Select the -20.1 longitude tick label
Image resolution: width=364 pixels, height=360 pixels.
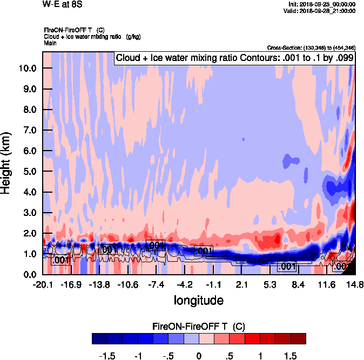click(x=43, y=284)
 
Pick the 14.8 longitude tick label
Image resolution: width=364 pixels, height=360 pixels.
click(x=355, y=284)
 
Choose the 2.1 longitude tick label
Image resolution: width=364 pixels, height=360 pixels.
click(x=241, y=284)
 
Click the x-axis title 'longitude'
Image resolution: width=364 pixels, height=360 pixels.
click(x=198, y=299)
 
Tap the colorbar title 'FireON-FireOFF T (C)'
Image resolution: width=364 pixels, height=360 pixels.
click(x=199, y=327)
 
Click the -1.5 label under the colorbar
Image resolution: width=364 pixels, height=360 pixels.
click(x=109, y=356)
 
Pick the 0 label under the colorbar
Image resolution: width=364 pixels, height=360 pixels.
click(x=199, y=356)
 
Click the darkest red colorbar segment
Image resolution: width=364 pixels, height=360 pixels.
click(x=298, y=338)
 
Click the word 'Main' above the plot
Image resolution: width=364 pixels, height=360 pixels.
click(x=50, y=42)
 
